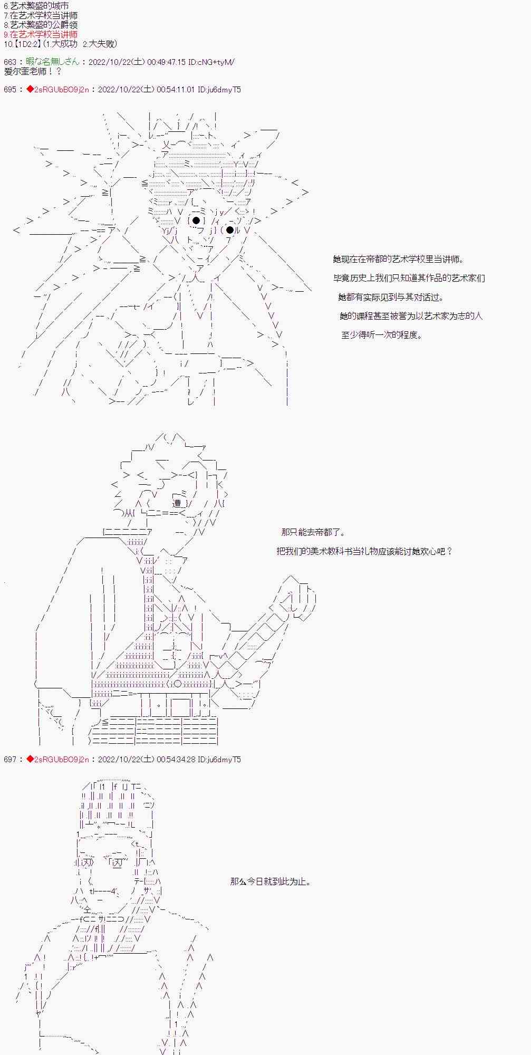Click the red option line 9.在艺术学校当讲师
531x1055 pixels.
pos(41,34)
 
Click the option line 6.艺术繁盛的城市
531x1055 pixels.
pos(36,6)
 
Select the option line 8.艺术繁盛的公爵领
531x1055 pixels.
pos(41,25)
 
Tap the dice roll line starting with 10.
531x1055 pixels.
pos(61,44)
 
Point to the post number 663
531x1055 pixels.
pos(10,62)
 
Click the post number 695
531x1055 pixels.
pos(10,90)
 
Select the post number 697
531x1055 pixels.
pos(10,759)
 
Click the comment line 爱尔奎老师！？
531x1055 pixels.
pos(33,71)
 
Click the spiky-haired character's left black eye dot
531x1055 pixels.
pos(196,220)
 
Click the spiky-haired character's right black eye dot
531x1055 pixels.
pos(229,230)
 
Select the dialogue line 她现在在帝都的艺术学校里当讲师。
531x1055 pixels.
pos(399,259)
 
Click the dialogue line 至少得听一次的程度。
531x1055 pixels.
pos(382,334)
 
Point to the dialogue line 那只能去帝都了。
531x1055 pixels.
pos(314,532)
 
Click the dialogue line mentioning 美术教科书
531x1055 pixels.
pos(364,551)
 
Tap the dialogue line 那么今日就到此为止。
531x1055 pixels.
pos(271,881)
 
